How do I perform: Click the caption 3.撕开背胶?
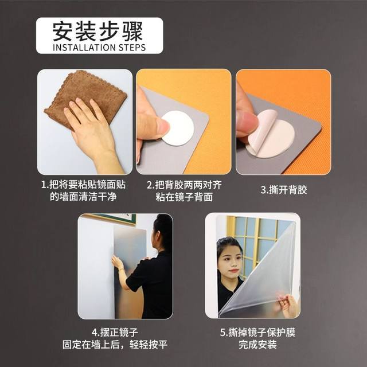(x=283, y=190)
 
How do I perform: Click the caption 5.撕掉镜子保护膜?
(x=252, y=332)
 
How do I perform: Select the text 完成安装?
(x=252, y=345)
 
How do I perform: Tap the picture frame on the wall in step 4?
(x=112, y=218)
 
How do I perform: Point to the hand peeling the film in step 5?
(x=287, y=304)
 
